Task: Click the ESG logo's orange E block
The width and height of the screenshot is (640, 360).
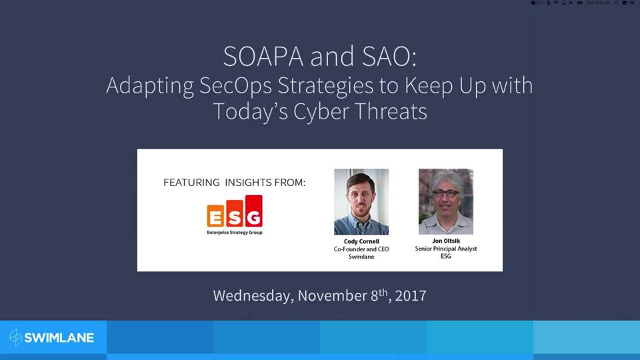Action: pyautogui.click(x=216, y=216)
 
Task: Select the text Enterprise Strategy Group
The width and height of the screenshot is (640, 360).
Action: pyautogui.click(x=235, y=233)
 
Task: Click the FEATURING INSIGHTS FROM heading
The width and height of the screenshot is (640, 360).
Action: pyautogui.click(x=235, y=183)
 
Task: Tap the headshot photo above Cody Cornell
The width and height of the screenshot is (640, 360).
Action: pyautogui.click(x=361, y=201)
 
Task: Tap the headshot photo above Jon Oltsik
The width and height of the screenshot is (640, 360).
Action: pyautogui.click(x=445, y=201)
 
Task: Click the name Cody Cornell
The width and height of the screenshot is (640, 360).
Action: pyautogui.click(x=361, y=241)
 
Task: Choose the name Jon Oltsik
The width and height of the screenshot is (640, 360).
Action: pyautogui.click(x=445, y=241)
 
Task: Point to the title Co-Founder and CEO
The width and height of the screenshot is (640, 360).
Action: pyautogui.click(x=361, y=249)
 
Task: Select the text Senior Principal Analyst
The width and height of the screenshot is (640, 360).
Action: pyautogui.click(x=445, y=249)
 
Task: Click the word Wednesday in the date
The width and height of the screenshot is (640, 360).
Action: pyautogui.click(x=252, y=295)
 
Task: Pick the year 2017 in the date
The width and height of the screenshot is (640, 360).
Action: pyautogui.click(x=410, y=295)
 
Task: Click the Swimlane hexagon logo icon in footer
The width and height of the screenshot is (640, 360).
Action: pyautogui.click(x=16, y=337)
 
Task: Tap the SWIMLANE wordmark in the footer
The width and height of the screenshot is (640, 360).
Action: pyautogui.click(x=59, y=337)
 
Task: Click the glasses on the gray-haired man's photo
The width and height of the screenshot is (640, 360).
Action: pyautogui.click(x=445, y=193)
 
